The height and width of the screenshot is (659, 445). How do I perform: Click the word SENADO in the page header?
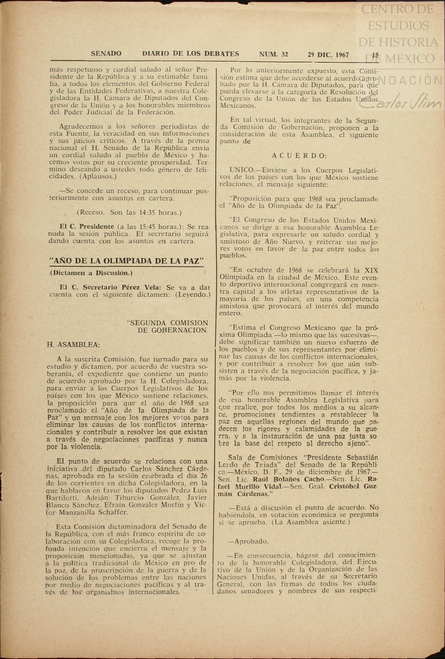(x=106, y=54)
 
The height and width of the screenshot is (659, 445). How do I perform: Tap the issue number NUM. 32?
(x=273, y=54)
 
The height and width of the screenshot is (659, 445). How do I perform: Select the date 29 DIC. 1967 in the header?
(x=328, y=55)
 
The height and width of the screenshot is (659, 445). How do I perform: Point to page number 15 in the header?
(x=375, y=55)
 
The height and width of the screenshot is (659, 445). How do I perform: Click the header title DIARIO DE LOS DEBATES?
(x=191, y=54)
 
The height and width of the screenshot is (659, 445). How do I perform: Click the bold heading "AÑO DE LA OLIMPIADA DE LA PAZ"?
(x=127, y=261)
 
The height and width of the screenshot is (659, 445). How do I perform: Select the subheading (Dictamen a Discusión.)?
(x=91, y=273)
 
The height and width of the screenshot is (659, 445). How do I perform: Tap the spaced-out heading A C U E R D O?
(x=299, y=156)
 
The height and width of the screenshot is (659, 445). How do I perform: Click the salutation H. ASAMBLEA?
(x=73, y=345)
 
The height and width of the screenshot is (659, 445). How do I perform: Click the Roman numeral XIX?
(x=372, y=270)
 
